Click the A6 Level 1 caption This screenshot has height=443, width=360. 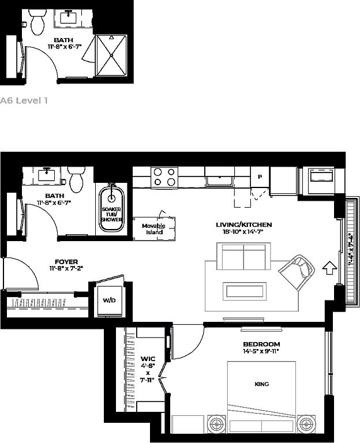pyautogui.click(x=24, y=100)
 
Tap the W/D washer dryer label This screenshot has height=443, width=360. pyautogui.click(x=109, y=301)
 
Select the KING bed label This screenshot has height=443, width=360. pyautogui.click(x=262, y=384)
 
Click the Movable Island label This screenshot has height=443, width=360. pyautogui.click(x=153, y=229)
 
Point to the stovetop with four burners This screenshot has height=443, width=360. pyautogui.click(x=164, y=178)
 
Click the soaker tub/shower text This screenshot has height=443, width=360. pyautogui.click(x=111, y=215)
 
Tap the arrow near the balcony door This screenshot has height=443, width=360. pyautogui.click(x=329, y=268)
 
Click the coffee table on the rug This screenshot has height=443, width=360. pyautogui.click(x=245, y=291)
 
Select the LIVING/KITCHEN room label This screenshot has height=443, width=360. pyautogui.click(x=244, y=225)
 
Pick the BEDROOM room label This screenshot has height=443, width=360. pyautogui.click(x=261, y=344)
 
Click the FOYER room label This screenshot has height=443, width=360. pyautogui.click(x=66, y=262)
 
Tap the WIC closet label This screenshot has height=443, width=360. pyautogui.click(x=148, y=359)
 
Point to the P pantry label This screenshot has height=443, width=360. pyautogui.click(x=260, y=177)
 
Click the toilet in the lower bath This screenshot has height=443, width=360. pyautogui.click(x=76, y=179)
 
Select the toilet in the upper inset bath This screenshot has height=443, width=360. pyautogui.click(x=38, y=21)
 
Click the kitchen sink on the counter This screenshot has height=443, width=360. pyautogui.click(x=220, y=181)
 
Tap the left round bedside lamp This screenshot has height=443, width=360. pyautogui.click(x=217, y=424)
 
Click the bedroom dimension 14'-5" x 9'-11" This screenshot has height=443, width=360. pyautogui.click(x=261, y=351)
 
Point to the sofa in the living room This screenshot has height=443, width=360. pyautogui.click(x=243, y=256)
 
